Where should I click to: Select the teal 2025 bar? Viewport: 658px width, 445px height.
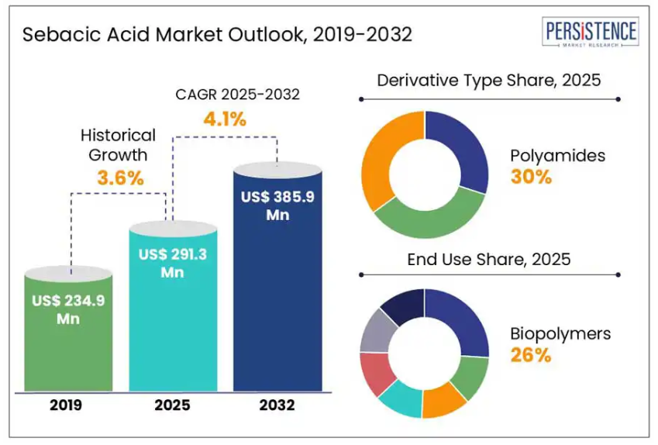tap(172, 326)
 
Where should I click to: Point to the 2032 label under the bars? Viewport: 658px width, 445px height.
tap(277, 405)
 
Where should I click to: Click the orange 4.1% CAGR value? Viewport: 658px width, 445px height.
tap(225, 119)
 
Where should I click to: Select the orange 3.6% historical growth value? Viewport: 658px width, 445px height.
tap(120, 178)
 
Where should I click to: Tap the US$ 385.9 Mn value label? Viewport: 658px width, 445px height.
tap(277, 205)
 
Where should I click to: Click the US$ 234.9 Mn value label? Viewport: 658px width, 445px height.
tap(69, 309)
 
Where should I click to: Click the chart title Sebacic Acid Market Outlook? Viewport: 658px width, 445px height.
tap(217, 35)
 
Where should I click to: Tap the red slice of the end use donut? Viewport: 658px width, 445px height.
tap(376, 372)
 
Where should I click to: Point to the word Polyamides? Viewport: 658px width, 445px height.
tap(557, 156)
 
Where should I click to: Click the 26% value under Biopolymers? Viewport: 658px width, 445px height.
tap(530, 356)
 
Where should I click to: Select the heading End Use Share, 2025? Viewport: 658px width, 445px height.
tap(489, 259)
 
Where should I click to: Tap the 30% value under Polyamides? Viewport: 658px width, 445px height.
tap(531, 177)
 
